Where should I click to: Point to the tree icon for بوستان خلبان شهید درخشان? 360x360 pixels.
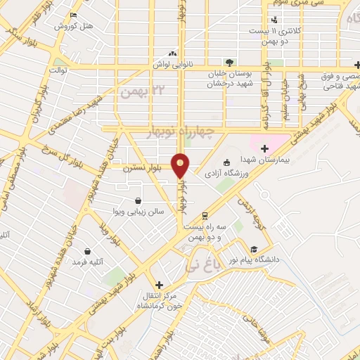[227, 62]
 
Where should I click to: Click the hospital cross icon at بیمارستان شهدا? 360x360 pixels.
[264, 148]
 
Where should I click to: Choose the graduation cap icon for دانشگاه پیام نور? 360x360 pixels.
[253, 249]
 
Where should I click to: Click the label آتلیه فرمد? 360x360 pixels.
[87, 262]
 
